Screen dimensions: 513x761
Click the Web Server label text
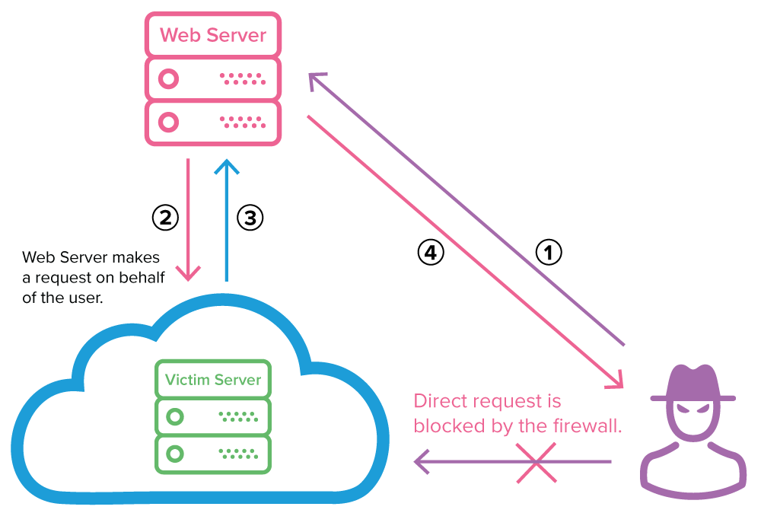213,35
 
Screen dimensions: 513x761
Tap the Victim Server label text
213,379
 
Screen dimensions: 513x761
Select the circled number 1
549,252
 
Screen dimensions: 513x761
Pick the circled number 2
165,218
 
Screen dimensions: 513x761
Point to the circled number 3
250,218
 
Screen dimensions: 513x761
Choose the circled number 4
430,252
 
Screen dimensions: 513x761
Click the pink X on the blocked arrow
536,462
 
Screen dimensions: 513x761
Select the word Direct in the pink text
441,401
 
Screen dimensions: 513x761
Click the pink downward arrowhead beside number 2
187,272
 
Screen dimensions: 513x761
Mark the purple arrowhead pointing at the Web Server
316,79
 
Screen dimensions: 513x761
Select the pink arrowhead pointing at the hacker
615,381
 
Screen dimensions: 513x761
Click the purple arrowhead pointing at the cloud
422,461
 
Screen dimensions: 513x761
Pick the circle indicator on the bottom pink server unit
169,122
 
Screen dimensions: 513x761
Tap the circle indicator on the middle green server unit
176,416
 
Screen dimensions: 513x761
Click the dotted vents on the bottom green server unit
238,454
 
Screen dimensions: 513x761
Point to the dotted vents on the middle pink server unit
242,78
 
